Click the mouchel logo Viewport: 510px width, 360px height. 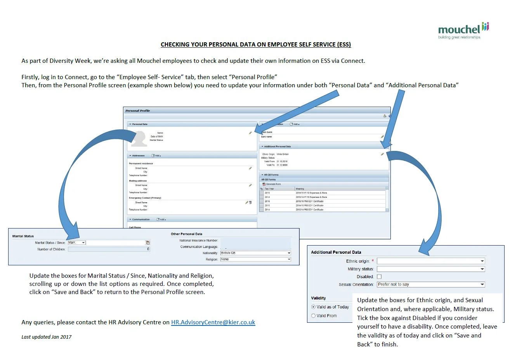(x=463, y=30)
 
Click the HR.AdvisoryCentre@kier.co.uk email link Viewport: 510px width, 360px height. (x=213, y=322)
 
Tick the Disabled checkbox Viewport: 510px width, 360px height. (x=379, y=277)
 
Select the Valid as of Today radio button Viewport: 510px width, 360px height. (x=314, y=307)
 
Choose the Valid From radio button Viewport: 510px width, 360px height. (x=314, y=316)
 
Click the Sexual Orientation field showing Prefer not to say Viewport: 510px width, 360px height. (x=431, y=284)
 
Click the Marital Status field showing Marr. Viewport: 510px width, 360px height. (x=76, y=242)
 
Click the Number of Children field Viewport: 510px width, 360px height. (x=109, y=249)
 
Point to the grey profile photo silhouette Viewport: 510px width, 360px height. (x=139, y=138)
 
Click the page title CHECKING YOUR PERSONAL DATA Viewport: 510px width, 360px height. (x=256, y=45)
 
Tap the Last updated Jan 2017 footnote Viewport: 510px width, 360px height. (x=47, y=337)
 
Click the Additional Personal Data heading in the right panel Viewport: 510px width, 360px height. (x=336, y=252)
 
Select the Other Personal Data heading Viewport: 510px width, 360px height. (x=186, y=234)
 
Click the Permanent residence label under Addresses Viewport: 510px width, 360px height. (x=141, y=164)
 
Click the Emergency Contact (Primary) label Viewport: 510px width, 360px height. (x=145, y=198)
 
